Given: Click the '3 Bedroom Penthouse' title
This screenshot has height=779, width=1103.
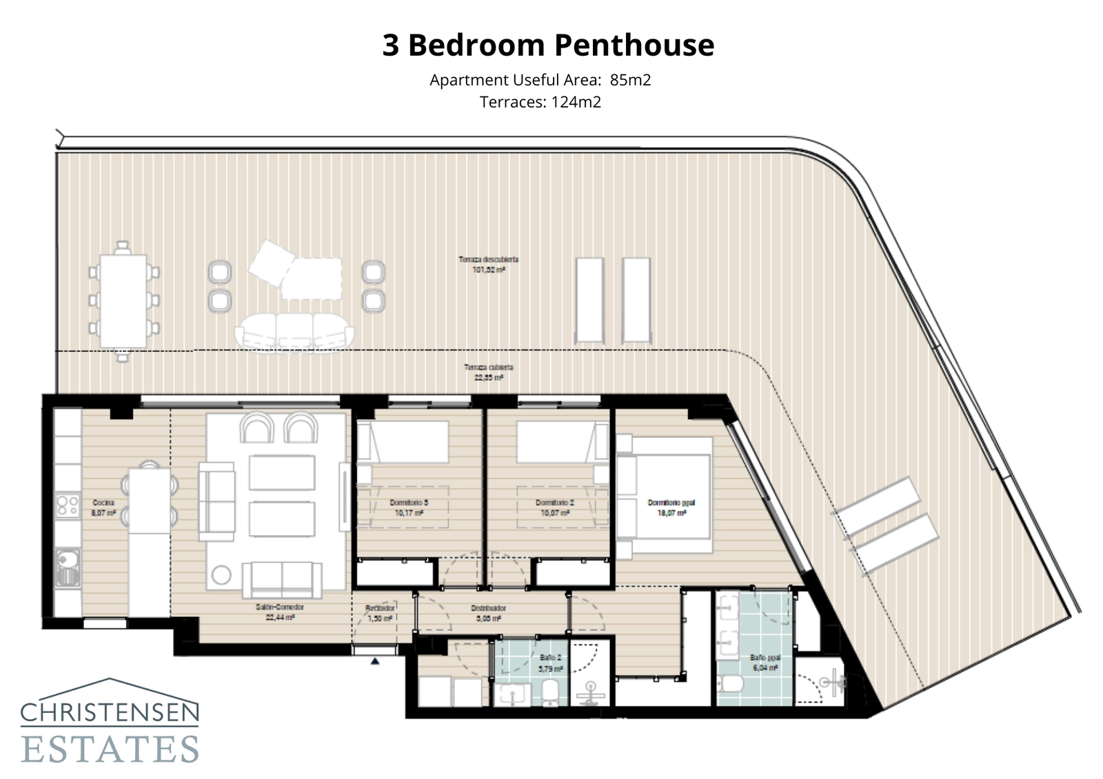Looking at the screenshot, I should pyautogui.click(x=548, y=45).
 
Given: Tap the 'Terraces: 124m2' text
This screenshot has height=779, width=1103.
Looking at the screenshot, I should pyautogui.click(x=540, y=102).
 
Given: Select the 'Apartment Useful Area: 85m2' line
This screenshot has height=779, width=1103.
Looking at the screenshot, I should pyautogui.click(x=540, y=80).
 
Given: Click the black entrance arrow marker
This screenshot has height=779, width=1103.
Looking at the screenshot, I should pyautogui.click(x=374, y=661).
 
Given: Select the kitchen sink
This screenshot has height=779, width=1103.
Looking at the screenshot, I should pyautogui.click(x=68, y=566).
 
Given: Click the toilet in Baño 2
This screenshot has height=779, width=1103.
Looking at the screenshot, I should pyautogui.click(x=550, y=692).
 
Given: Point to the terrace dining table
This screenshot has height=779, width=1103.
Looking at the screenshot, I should pyautogui.click(x=123, y=301).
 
